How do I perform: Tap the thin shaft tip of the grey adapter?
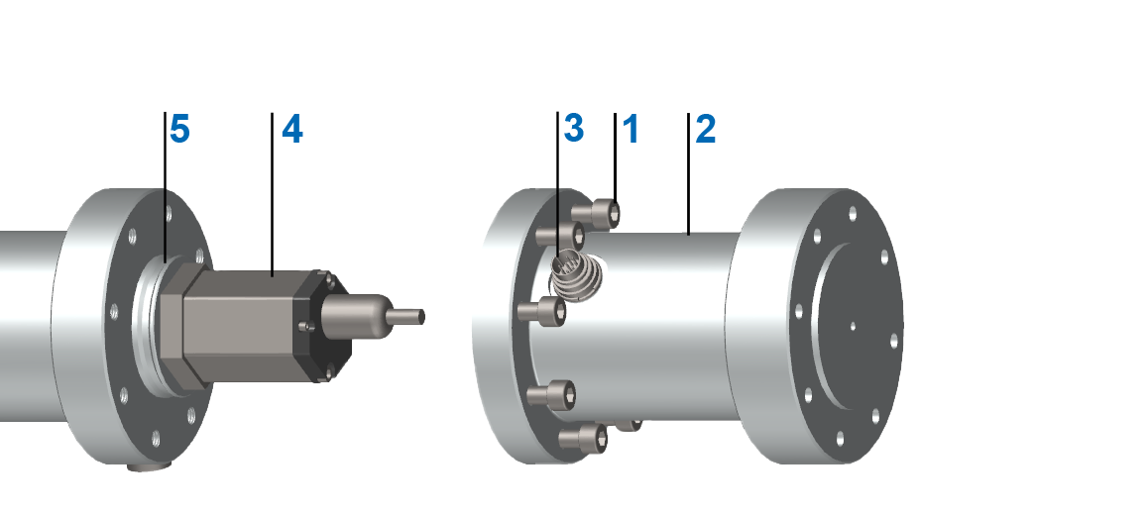pos(412,316)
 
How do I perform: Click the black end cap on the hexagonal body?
pos(326,327)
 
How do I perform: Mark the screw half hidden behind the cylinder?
pos(632,424)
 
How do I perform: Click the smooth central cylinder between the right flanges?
pos(674,327)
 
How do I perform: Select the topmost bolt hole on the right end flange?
pos(850,212)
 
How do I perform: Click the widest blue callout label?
pos(354,137)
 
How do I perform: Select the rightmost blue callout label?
pos(732,137)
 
